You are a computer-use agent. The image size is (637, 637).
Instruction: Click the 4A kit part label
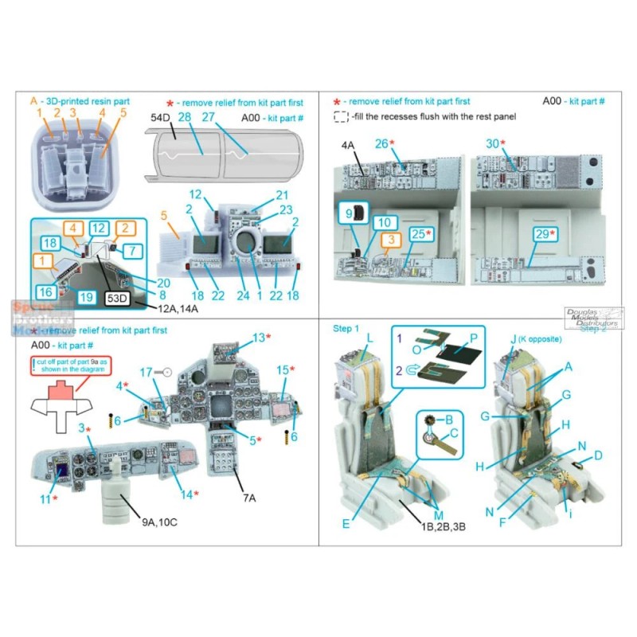(x=347, y=147)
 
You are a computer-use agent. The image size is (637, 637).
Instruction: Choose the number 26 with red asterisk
(x=384, y=143)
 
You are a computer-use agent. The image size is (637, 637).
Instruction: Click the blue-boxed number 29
(x=541, y=233)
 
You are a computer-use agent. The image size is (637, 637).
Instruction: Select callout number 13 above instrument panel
(x=259, y=338)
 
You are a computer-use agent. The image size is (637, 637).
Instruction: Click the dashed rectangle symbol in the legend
(x=341, y=117)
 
